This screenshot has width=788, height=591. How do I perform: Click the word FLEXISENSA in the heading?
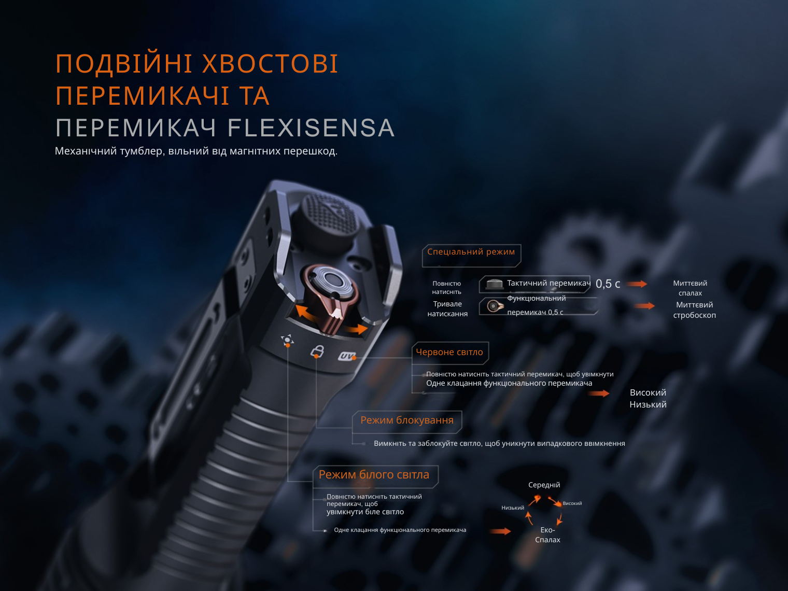[311, 128]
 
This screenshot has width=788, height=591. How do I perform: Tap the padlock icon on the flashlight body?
[317, 350]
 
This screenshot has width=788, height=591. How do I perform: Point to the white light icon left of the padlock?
[287, 340]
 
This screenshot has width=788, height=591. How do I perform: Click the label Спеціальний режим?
[471, 251]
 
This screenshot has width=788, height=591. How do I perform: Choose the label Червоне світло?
[449, 352]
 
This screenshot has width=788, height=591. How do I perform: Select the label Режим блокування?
[407, 420]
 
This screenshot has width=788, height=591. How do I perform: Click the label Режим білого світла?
[374, 474]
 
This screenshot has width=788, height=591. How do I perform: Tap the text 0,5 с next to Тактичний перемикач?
[608, 284]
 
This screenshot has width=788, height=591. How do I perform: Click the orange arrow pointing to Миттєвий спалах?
[637, 284]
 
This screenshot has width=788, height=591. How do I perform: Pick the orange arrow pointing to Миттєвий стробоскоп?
[644, 306]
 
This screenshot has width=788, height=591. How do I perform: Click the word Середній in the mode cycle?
[544, 485]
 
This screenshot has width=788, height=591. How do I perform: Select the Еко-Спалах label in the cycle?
[547, 534]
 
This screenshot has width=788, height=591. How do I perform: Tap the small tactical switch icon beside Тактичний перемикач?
[494, 284]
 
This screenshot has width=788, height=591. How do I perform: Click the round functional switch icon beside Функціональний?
[495, 306]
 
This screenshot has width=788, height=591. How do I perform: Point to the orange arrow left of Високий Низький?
[598, 393]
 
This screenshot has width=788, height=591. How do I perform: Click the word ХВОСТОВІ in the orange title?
[270, 64]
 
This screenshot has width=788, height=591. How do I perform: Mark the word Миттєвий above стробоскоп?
[694, 305]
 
